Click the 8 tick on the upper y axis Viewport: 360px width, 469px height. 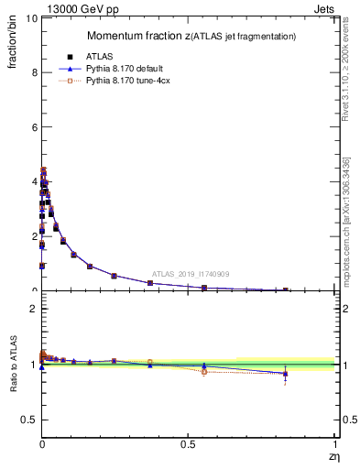(x=32, y=72)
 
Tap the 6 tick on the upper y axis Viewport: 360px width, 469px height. (x=32, y=127)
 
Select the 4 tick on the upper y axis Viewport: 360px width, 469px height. (x=32, y=181)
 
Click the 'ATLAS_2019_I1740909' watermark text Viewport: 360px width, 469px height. (x=190, y=274)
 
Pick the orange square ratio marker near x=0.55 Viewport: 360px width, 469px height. (x=203, y=371)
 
